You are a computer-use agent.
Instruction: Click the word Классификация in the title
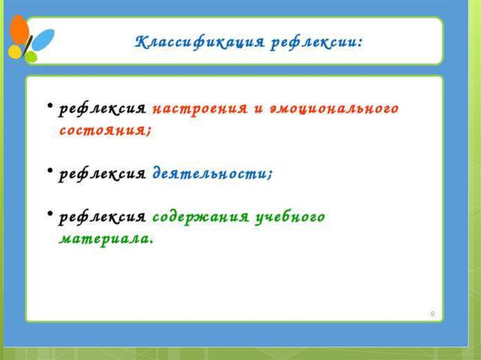[199, 42]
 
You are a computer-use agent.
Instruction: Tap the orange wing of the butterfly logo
[19, 30]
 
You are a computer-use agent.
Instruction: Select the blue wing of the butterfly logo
[43, 39]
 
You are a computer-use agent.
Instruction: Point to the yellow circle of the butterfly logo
[15, 52]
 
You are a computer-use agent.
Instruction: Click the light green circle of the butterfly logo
[31, 57]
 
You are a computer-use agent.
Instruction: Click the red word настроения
[200, 109]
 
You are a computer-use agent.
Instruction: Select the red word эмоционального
[334, 109]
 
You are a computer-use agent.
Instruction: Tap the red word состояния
[105, 130]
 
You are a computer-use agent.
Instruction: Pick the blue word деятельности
[212, 174]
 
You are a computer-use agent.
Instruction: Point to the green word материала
[106, 238]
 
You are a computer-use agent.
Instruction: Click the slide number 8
[433, 314]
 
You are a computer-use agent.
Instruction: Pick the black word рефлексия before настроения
[102, 109]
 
